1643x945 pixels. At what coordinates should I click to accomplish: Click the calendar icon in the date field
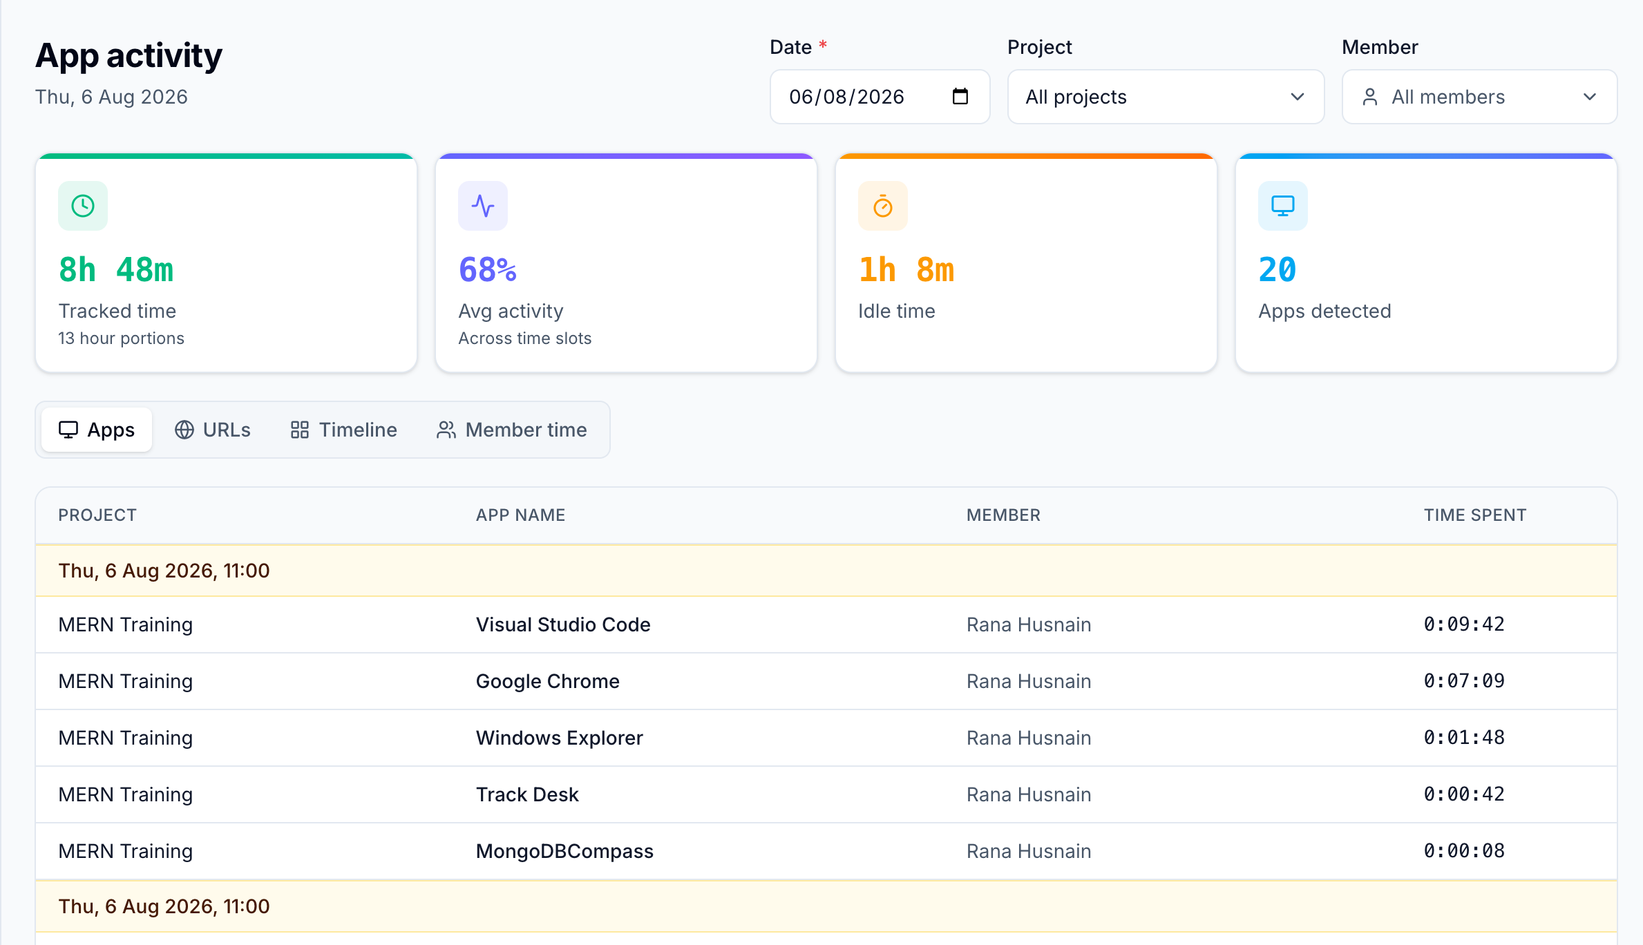pos(960,96)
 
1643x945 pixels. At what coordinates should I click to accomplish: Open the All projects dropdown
pos(1166,97)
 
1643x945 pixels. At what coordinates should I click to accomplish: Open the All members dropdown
pos(1479,97)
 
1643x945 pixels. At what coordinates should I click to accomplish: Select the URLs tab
pos(213,430)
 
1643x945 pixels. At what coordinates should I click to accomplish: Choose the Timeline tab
pos(343,430)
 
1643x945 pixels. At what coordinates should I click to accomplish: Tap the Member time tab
pos(512,430)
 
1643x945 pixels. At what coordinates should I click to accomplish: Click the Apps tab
pos(97,430)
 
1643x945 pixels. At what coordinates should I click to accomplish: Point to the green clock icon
pos(83,206)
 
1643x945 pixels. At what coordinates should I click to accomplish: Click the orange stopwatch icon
pos(883,206)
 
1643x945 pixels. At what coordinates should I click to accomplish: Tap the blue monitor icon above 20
pos(1283,206)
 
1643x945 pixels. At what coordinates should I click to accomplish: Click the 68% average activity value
pos(488,269)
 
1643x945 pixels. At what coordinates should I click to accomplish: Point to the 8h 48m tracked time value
pos(116,269)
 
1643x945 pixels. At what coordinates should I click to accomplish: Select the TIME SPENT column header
pos(1475,515)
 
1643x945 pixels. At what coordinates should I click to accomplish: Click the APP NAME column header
pos(521,515)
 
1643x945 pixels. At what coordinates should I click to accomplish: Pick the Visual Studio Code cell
pos(563,624)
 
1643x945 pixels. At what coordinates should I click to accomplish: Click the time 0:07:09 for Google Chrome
pos(1464,681)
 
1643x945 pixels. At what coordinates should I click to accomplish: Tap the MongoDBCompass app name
pos(564,851)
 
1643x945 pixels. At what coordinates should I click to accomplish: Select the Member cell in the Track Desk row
pos(1029,794)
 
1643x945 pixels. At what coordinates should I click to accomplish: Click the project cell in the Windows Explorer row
pos(126,738)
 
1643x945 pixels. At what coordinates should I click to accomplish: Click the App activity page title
pos(129,55)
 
